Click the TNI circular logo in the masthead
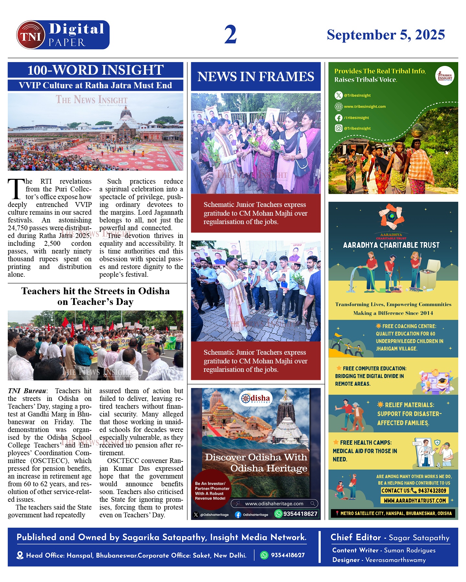pos(31,35)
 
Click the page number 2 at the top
pos(230,35)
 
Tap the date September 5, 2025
pos(386,35)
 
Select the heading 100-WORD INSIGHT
pos(95,70)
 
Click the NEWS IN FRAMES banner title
pos(256,77)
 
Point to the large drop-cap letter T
pos(16,189)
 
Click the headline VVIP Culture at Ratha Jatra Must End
pos(95,85)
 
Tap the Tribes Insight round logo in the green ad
pos(445,76)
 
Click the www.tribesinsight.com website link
pos(365,106)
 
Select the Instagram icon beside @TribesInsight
pos(338,128)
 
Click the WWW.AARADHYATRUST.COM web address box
pos(415,501)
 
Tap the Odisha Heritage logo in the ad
pos(255,399)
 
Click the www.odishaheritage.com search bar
pos(274,503)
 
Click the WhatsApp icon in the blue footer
pos(264,555)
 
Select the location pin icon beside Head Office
pos(20,555)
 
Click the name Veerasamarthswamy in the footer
pos(395,560)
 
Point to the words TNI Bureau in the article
pos(27,391)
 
